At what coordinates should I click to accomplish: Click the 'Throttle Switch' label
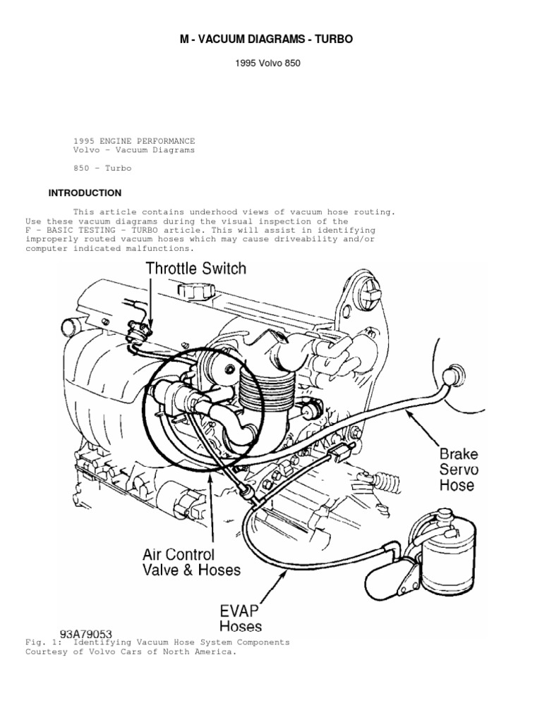(196, 268)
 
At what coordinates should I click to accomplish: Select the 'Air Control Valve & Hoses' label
(191, 562)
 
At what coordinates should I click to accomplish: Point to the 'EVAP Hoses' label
(240, 617)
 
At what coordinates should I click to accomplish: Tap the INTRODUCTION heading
(85, 192)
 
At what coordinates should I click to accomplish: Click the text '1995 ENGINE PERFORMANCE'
(134, 141)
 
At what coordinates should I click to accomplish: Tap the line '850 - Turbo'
(102, 169)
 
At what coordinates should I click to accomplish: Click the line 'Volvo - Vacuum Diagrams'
(134, 150)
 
